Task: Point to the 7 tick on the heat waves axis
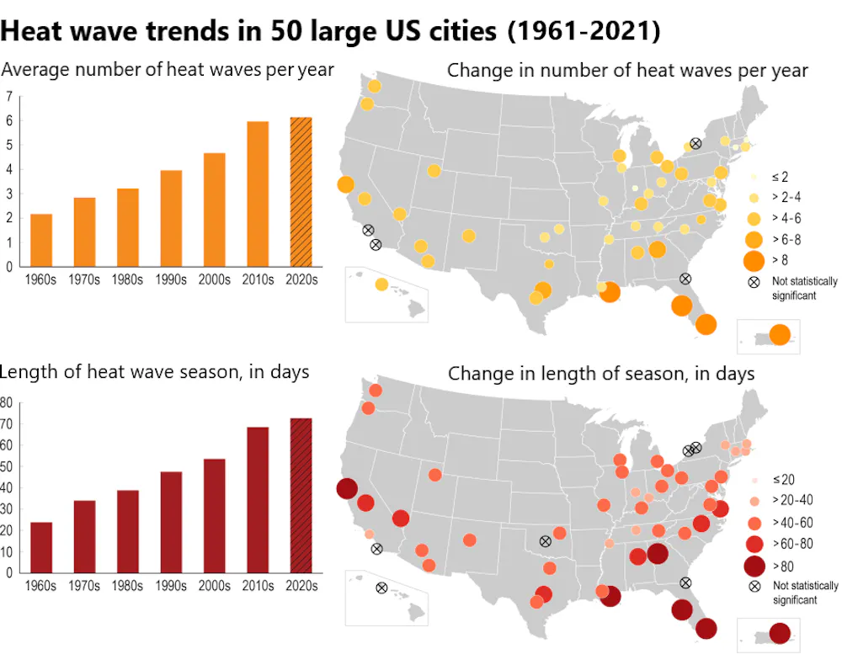[x=8, y=96]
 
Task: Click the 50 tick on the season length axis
[x=6, y=466]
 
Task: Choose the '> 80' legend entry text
[x=786, y=565]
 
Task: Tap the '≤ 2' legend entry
[x=780, y=178]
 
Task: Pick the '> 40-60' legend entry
[x=795, y=522]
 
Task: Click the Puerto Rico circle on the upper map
[x=780, y=334]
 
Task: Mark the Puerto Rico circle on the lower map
[x=780, y=633]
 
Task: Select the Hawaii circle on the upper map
[x=381, y=285]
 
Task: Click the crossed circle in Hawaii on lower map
[x=381, y=588]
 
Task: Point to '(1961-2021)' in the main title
[x=584, y=31]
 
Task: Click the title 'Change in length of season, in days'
[x=601, y=373]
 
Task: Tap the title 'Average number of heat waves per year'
[x=168, y=69]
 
